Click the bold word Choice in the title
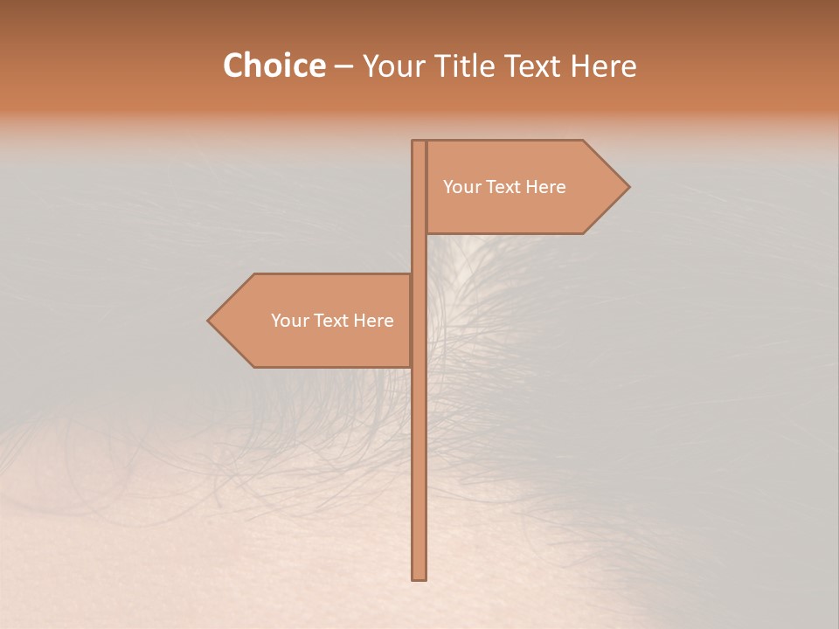[x=274, y=66]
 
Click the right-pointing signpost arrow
[x=524, y=187]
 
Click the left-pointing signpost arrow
[x=315, y=321]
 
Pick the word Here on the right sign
[x=545, y=187]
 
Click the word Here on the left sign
[x=373, y=321]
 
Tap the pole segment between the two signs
[x=419, y=253]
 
